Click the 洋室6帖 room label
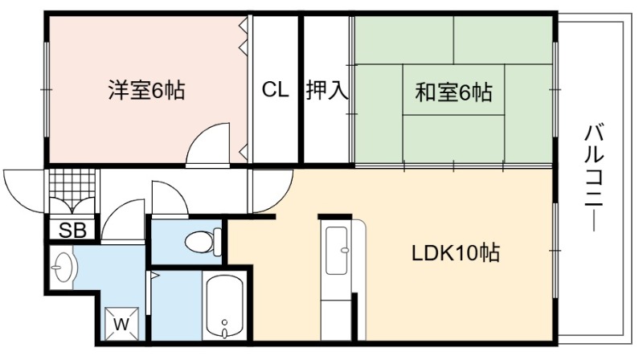(146, 90)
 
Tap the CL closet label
(275, 89)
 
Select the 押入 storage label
(327, 90)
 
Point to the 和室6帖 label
(453, 92)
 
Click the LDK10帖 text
(456, 253)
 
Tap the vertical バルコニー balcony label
(594, 177)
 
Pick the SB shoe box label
(72, 231)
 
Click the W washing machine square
(121, 324)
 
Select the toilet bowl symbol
(203, 241)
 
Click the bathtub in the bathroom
(224, 306)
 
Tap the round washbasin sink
(63, 267)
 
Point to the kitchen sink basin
(336, 251)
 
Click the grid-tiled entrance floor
(72, 187)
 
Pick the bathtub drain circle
(224, 322)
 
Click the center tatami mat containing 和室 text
(453, 90)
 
